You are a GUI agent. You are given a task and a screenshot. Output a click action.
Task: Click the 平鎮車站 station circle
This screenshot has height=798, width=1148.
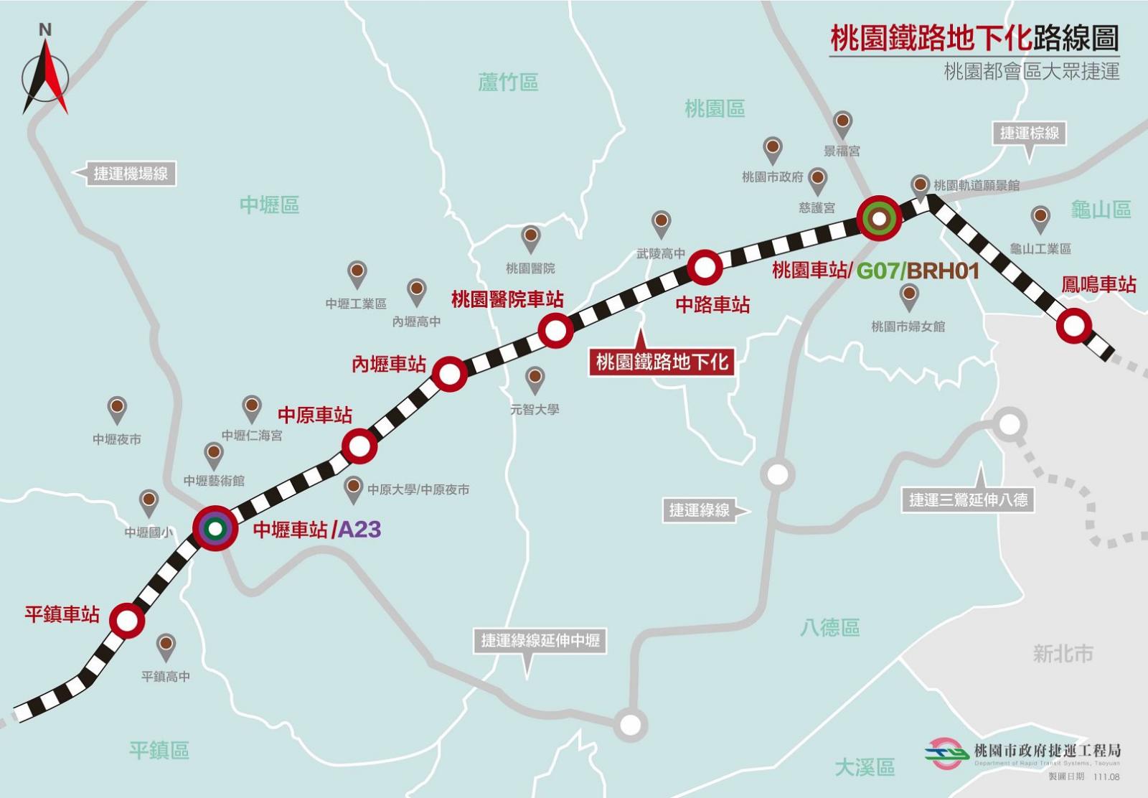[x=127, y=620]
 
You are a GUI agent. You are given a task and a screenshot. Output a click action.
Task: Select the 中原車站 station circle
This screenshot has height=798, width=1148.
[x=359, y=446]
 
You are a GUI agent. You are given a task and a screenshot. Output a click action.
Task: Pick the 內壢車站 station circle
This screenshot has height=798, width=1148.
[x=449, y=374]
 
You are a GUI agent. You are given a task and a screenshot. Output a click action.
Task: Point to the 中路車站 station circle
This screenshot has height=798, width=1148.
[x=705, y=268]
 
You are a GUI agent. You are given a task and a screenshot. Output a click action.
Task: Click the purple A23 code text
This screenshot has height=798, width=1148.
[x=359, y=530]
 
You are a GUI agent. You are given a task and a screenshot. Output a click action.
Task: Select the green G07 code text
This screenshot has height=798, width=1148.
[x=878, y=271]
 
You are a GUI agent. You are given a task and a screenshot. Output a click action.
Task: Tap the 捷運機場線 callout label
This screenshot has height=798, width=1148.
[x=131, y=173]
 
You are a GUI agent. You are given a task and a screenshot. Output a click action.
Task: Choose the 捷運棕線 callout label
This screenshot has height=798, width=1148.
[x=1030, y=133]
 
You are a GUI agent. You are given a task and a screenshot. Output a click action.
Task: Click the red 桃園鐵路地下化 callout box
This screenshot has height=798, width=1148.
[x=662, y=362]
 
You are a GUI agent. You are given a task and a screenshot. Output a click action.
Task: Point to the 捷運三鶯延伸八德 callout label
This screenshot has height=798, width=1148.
[x=968, y=499]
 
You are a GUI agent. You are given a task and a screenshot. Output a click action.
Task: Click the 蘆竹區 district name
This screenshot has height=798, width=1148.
[x=508, y=83]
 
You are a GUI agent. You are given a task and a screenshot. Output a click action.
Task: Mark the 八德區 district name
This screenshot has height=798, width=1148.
[x=830, y=628]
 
